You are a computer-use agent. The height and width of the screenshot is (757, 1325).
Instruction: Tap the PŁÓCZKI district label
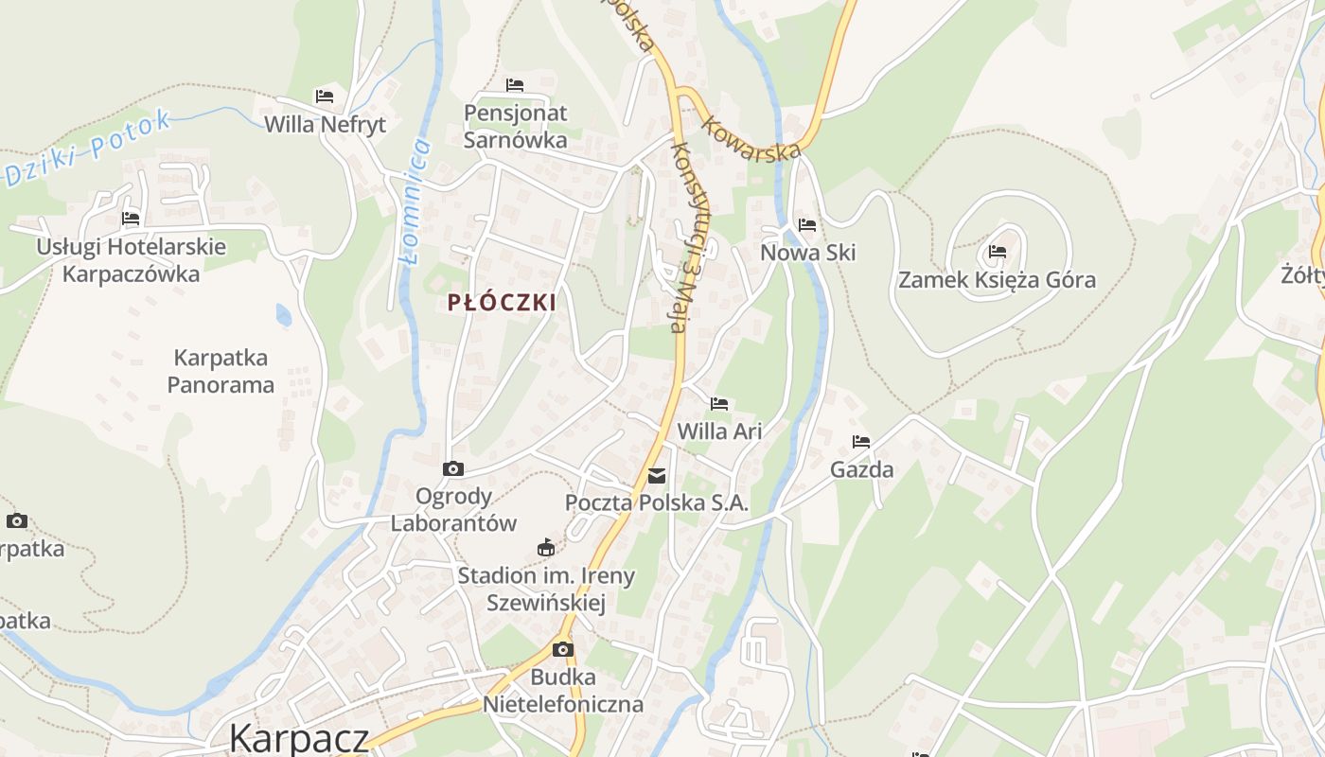(x=502, y=303)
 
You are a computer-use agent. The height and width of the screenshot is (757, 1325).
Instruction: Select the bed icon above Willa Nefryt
(x=325, y=97)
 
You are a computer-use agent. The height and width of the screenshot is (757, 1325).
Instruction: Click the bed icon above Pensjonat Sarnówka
(x=515, y=86)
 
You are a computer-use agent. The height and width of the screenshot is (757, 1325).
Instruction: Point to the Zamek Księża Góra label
(x=997, y=280)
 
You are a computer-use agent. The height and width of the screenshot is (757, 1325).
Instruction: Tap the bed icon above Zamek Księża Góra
(x=998, y=252)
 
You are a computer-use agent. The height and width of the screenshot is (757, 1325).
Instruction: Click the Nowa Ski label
(x=808, y=253)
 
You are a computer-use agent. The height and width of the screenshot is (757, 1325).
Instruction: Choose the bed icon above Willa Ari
(x=719, y=404)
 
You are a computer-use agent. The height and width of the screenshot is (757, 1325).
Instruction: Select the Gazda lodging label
(x=861, y=469)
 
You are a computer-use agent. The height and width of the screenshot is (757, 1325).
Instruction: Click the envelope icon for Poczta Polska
(x=657, y=475)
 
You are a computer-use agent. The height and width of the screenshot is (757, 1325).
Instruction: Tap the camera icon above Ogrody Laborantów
(x=453, y=468)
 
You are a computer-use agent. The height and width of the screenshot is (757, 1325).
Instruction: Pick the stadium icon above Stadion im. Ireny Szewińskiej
(x=546, y=547)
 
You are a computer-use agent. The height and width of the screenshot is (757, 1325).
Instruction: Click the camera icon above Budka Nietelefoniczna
(x=563, y=649)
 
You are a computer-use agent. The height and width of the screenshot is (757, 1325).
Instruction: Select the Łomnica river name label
(x=415, y=202)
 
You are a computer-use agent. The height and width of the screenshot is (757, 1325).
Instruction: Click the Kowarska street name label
(x=751, y=138)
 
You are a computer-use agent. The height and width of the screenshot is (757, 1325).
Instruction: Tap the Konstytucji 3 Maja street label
(x=689, y=237)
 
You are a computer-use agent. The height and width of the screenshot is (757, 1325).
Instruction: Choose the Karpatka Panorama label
(x=221, y=371)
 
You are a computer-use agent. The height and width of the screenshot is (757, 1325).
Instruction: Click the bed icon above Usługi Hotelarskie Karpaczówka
(x=131, y=219)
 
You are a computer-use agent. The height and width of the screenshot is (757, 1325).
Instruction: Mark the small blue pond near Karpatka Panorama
(x=284, y=315)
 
